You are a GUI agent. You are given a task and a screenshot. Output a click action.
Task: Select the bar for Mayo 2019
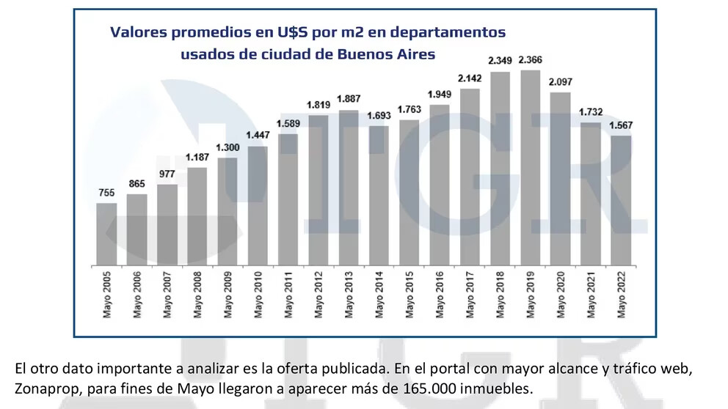click(x=530, y=168)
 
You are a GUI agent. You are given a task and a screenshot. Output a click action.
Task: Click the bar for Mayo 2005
click(x=107, y=234)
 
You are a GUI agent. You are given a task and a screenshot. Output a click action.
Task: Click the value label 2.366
click(x=530, y=59)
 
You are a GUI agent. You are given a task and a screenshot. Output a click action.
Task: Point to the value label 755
click(x=107, y=193)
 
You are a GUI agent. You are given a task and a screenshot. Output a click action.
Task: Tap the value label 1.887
click(x=349, y=99)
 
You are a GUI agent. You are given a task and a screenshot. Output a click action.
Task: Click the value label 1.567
click(x=621, y=125)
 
